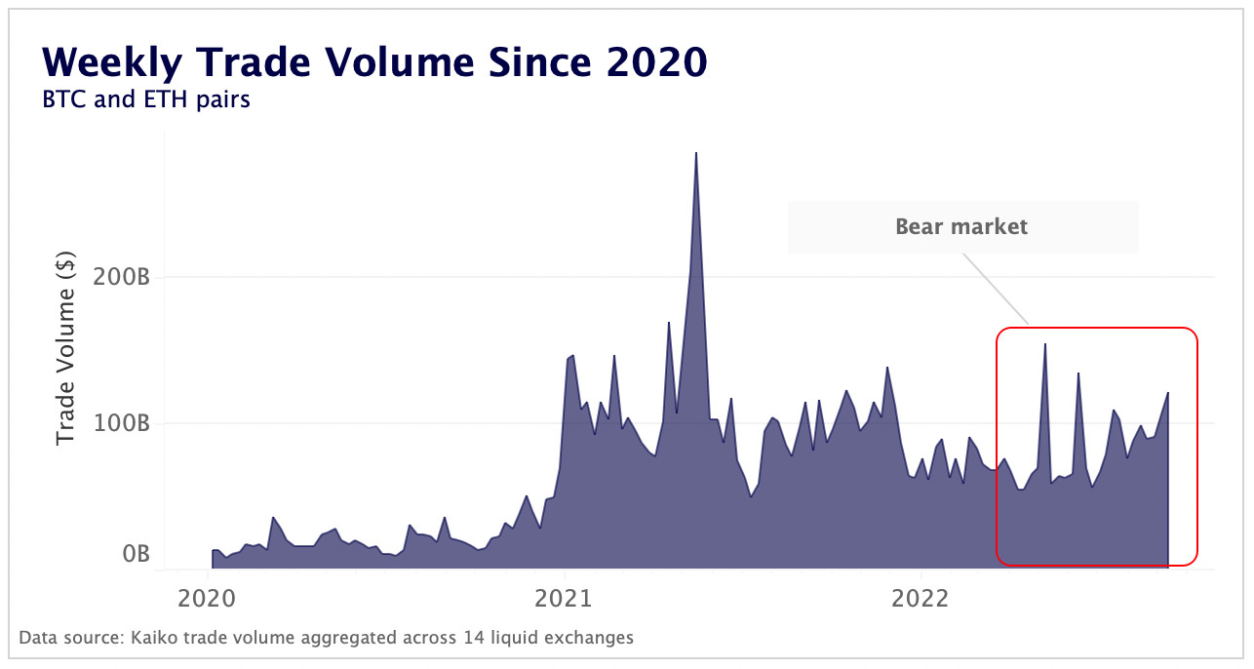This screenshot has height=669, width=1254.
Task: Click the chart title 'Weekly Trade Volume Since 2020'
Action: tap(374, 62)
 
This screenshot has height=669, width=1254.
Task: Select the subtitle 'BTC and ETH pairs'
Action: tap(146, 99)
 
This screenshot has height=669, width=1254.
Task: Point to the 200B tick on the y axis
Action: tap(122, 277)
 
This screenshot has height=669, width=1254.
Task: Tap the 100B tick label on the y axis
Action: tap(122, 423)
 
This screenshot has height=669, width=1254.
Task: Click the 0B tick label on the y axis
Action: tap(136, 554)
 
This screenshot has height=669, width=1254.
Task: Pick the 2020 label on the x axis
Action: tap(208, 596)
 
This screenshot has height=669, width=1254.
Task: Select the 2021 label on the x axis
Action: tap(565, 596)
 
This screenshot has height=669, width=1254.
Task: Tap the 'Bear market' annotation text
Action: tap(961, 227)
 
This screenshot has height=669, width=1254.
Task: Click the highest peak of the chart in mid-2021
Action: tap(696, 154)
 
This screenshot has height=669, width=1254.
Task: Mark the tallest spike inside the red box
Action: tap(1044, 344)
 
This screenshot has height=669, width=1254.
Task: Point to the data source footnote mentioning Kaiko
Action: tap(327, 638)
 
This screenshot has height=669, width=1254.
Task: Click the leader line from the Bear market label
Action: tap(996, 290)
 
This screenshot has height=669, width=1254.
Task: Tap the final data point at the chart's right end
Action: tap(1168, 393)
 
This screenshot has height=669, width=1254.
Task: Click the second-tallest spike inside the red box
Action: tap(1078, 374)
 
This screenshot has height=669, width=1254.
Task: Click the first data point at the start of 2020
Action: tap(213, 551)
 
